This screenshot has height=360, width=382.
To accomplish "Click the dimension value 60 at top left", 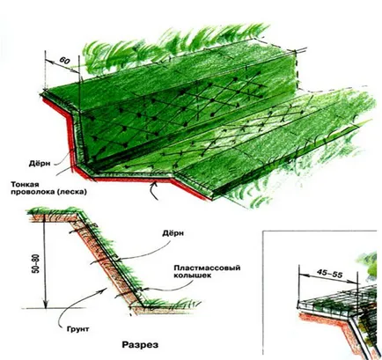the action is coord(64,61).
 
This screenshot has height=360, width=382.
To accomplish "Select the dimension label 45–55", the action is coord(329,274).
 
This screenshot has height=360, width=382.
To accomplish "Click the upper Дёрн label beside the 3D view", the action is coord(40,164).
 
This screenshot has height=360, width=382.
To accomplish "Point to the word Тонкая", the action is coord(26,184).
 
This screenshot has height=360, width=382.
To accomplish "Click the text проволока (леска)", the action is coord(48,192).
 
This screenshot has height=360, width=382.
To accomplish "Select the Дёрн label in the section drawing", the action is coord(173,233).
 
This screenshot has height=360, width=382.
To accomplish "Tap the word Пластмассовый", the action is coord(207,268).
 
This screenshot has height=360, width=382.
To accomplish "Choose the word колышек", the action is coord(192,276).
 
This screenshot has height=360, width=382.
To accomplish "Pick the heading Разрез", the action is coord(140,345).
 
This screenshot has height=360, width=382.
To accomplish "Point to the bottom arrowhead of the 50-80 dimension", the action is coord(45,305).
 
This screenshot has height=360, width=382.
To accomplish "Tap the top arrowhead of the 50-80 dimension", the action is coord(44,217).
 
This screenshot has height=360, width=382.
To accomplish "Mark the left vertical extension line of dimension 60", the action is coord(46,70).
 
